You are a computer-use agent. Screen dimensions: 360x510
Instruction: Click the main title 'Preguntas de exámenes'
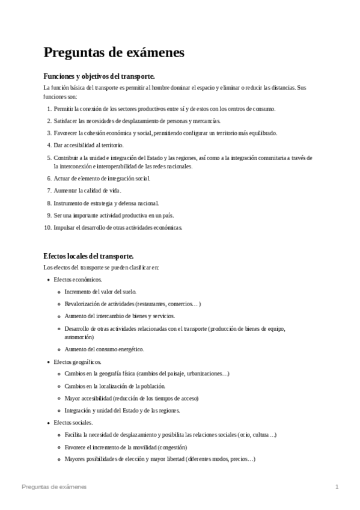coord(114,52)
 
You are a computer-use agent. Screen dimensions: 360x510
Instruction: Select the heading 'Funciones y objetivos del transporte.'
coord(99,76)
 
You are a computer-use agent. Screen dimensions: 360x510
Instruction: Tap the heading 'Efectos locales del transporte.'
coord(88,256)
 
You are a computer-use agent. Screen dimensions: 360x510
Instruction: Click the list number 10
coord(47,227)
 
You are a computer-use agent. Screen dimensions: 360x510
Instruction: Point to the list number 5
coord(49,158)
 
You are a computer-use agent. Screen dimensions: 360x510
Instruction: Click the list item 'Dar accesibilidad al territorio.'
coord(88,145)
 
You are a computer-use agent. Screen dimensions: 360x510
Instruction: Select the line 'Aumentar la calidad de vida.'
coord(87,190)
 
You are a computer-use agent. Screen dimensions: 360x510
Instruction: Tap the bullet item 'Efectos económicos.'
coord(78,280)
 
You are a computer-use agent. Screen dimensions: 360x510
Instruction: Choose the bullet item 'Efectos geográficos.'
coord(78,361)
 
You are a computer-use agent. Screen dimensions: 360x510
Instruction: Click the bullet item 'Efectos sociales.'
coord(73,423)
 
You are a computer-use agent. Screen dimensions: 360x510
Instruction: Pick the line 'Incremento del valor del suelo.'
coord(100,292)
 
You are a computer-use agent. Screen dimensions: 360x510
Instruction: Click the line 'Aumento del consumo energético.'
coord(104,349)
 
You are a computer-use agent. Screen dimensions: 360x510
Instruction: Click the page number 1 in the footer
coord(337,486)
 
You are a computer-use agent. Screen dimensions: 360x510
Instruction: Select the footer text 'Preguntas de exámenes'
coord(53,486)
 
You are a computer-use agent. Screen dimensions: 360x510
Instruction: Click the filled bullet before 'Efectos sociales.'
coord(48,423)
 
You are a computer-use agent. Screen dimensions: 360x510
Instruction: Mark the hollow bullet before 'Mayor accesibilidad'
coord(59,398)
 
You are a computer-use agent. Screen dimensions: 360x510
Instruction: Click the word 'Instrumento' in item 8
coord(68,203)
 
